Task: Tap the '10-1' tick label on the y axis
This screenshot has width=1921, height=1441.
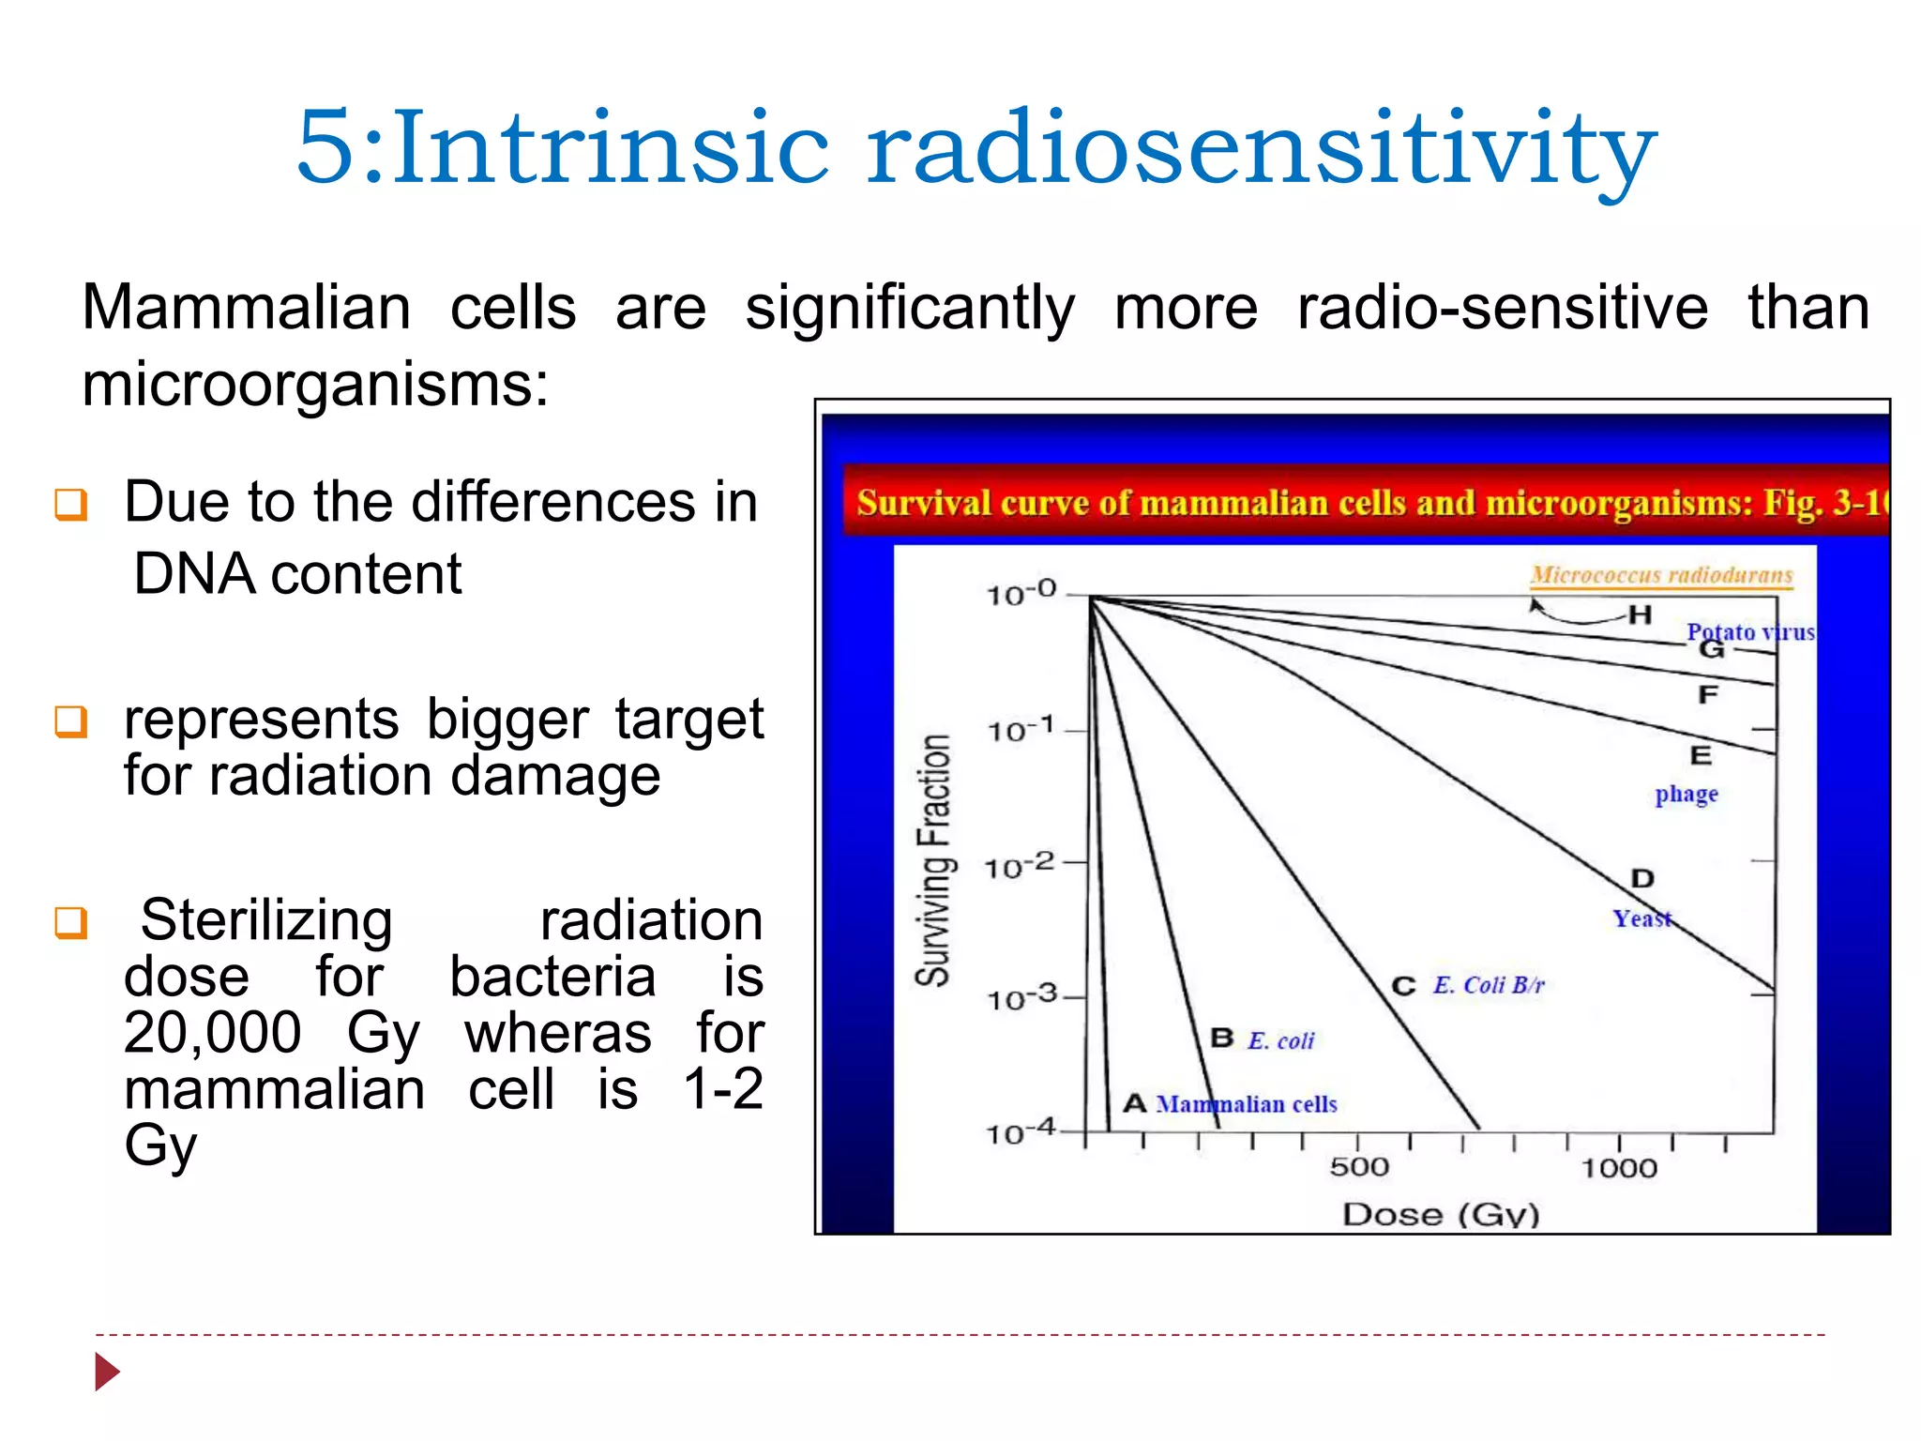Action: pos(1021,729)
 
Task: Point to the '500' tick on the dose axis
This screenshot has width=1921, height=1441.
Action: pos(1359,1167)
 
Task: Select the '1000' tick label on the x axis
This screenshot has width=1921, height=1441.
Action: pos(1619,1168)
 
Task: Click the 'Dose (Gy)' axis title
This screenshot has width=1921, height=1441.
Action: pos(1441,1215)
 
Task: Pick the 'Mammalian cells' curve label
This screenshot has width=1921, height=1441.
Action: pos(1247,1104)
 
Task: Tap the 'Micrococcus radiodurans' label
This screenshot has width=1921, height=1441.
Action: pos(1661,575)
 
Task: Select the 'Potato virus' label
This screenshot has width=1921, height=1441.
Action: pos(1750,631)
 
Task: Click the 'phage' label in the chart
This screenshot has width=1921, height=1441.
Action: pos(1686,795)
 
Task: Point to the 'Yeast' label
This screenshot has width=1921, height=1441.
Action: pos(1641,918)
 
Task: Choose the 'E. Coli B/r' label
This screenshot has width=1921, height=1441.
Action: pos(1488,985)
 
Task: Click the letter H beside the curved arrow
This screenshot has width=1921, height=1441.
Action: pos(1640,615)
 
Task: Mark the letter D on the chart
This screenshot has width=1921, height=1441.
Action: pos(1642,879)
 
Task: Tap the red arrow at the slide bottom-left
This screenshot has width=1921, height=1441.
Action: pos(107,1372)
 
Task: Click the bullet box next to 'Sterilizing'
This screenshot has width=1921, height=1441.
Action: pos(71,922)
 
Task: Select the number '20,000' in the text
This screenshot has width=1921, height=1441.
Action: pos(213,1033)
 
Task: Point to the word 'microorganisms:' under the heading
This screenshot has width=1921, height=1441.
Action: pos(315,385)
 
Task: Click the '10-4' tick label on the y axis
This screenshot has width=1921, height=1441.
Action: pos(1021,1132)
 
